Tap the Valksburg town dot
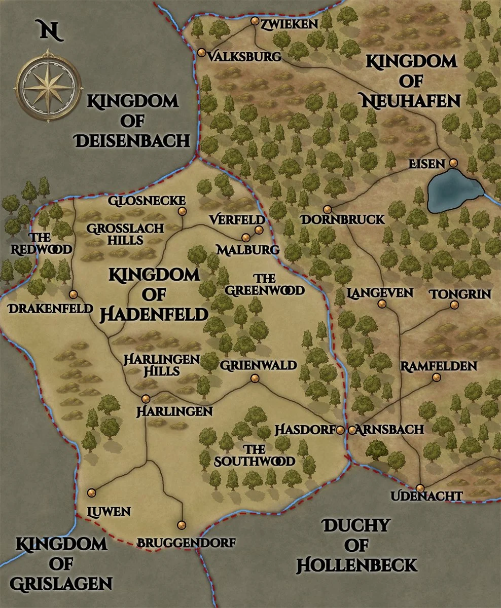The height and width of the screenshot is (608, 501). point(201,52)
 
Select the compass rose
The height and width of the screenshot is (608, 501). point(49,84)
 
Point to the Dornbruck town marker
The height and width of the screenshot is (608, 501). point(328,209)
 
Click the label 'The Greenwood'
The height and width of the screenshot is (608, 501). point(265,284)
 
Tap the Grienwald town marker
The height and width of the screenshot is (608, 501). point(255,378)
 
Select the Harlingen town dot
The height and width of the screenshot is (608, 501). point(146,398)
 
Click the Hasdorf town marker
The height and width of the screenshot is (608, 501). point(340,430)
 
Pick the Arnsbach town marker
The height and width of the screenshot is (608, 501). point(352,430)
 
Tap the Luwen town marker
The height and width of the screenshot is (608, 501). point(91,492)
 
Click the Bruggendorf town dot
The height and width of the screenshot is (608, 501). point(182,525)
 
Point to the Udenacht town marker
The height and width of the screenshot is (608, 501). point(420,488)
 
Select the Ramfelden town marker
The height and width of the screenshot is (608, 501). point(436,377)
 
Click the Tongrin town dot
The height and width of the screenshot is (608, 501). point(454,305)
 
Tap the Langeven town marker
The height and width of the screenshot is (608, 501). point(381,304)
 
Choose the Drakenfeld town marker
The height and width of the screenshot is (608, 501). point(73,294)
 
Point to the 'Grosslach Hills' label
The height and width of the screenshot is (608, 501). point(125,234)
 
